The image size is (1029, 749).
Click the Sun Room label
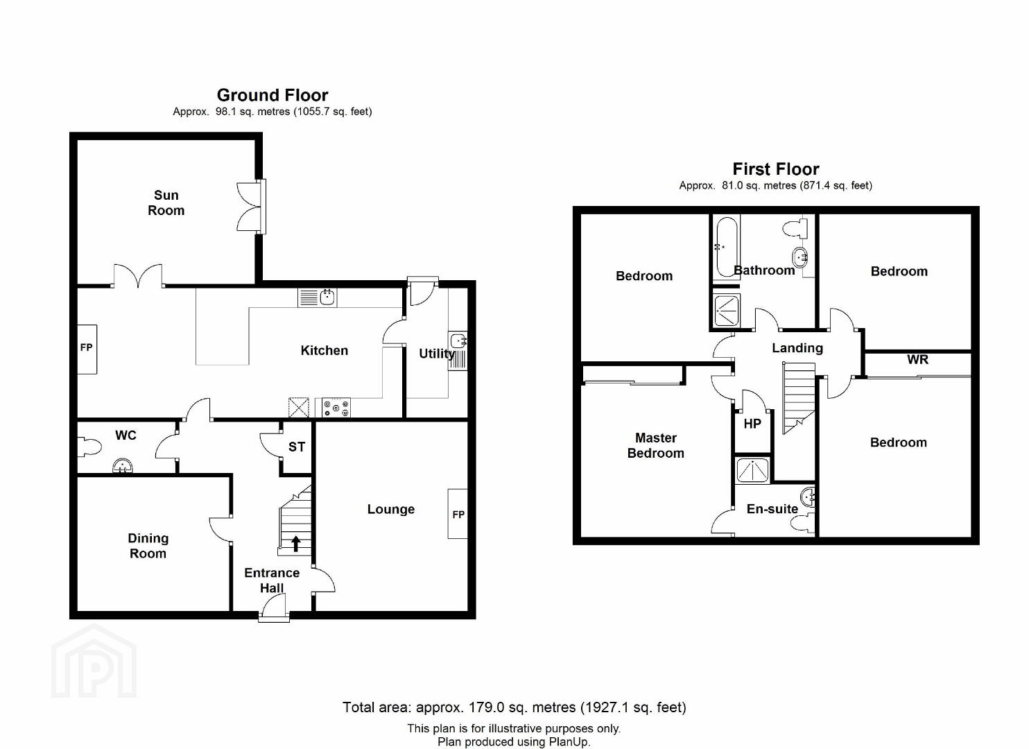pos(166,203)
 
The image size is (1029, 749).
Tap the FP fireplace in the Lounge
pos(458,513)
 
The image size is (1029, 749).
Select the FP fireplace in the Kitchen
pos(87,350)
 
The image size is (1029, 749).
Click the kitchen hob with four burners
pos(336,408)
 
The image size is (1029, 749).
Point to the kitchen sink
pos(317,298)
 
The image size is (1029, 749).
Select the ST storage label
pos(296,447)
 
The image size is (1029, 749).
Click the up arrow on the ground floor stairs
pos(296,544)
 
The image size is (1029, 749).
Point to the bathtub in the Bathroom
pos(726,247)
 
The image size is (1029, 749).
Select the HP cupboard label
pos(752,424)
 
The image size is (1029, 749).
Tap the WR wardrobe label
pos(917,359)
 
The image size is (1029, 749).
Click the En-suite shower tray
pos(752,470)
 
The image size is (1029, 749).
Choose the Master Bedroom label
pos(655,445)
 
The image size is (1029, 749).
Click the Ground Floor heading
pos(273,95)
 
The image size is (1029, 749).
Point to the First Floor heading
pos(775,169)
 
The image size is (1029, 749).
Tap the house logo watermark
pos(94,661)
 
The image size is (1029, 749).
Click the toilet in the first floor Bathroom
pos(795,228)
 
